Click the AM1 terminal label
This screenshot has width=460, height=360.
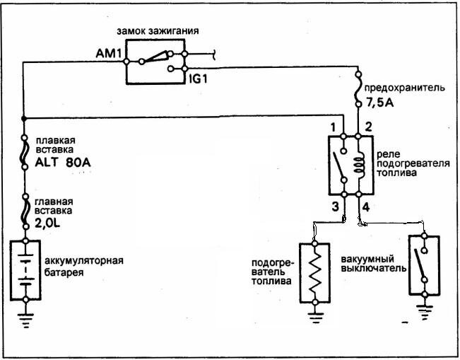coord(110,53)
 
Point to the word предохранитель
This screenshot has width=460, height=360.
coord(403,88)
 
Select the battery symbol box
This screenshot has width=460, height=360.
coord(27,272)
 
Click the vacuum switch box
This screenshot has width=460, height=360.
coord(424,265)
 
